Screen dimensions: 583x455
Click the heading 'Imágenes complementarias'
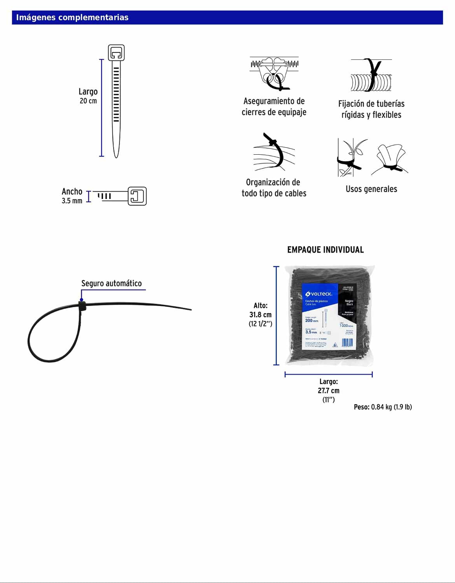[x=72, y=17]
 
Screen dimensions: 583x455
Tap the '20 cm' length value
[x=88, y=101]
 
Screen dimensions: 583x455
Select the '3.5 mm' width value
[x=72, y=201]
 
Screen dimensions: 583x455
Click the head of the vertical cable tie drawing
[x=116, y=53]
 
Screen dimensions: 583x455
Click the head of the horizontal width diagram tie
[x=137, y=196]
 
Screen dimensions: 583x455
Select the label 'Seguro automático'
[x=111, y=283]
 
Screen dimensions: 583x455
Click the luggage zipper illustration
[x=274, y=73]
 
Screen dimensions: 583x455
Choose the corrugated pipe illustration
[x=371, y=76]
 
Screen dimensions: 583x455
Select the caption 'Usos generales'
[x=371, y=189]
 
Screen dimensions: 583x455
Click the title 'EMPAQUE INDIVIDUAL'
[x=325, y=250]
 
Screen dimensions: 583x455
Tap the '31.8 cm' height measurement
[x=261, y=315]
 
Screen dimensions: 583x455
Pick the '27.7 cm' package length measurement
[x=329, y=391]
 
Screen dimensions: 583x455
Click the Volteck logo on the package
[x=319, y=294]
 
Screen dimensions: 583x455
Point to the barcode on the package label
[x=347, y=342]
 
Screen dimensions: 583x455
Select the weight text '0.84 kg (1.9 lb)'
[x=391, y=407]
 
